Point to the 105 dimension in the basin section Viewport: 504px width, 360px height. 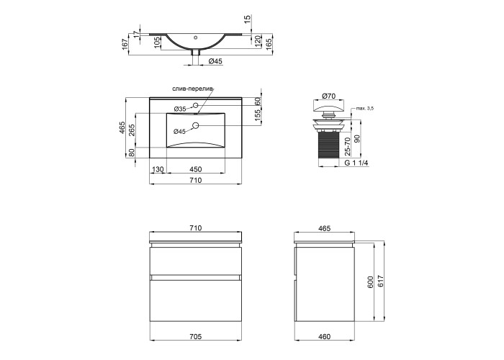[157, 42]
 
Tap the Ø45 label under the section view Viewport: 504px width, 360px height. [215, 61]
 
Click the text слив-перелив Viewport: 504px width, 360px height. [192, 89]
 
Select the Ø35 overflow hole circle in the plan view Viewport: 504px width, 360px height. [195, 105]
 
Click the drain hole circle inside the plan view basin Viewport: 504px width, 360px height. [195, 125]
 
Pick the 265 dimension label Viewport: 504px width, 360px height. [132, 130]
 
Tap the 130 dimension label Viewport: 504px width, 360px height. [158, 169]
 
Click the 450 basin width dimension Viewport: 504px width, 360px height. [195, 169]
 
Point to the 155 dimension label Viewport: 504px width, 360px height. [258, 115]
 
